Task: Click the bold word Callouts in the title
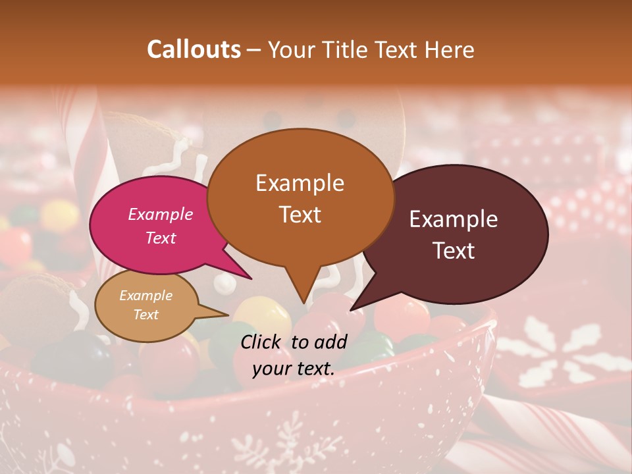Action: point(194,49)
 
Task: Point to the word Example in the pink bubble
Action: point(161,214)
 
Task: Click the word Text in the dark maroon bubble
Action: point(454,251)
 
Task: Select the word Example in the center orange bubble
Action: point(300,183)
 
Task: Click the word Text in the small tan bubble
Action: point(146,315)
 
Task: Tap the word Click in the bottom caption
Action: point(262,342)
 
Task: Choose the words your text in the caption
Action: point(294,368)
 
